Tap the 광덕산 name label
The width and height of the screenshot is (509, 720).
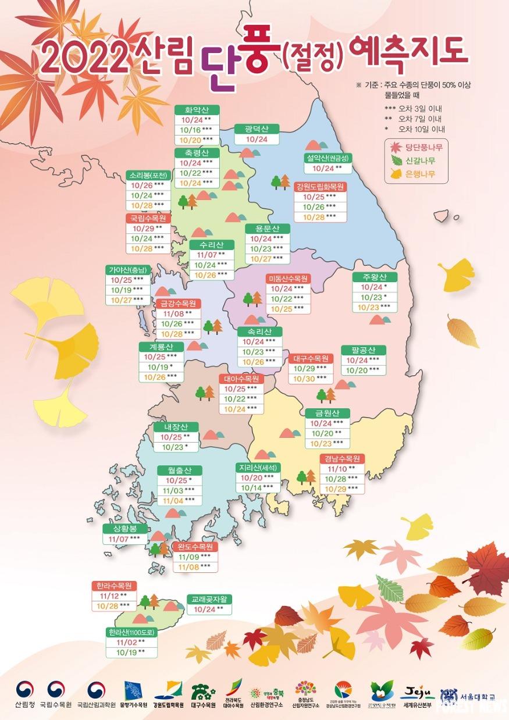(257, 129)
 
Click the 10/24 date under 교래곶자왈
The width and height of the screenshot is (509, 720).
(208, 609)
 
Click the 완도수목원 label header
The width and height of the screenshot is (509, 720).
(195, 547)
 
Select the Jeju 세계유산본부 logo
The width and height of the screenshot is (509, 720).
(416, 696)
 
